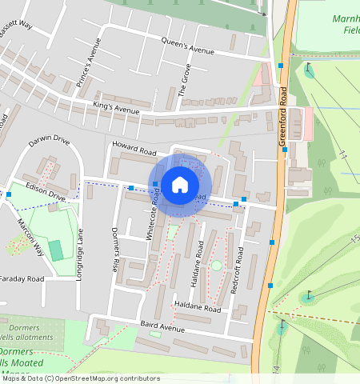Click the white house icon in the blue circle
(179, 185)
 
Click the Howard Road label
(134, 148)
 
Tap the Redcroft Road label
(237, 271)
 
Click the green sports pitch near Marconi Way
(56, 249)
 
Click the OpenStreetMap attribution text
(81, 378)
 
